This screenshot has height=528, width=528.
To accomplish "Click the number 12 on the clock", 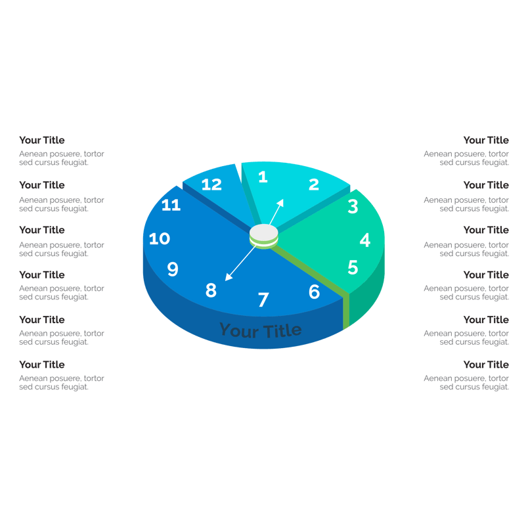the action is pyautogui.click(x=211, y=185).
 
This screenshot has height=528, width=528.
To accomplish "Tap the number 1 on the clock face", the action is pyautogui.click(x=263, y=177).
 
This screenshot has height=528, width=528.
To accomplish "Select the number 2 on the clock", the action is pyautogui.click(x=314, y=185).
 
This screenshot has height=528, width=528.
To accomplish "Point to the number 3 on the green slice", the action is pyautogui.click(x=353, y=206).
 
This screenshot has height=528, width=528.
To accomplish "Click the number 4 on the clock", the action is pyautogui.click(x=365, y=240).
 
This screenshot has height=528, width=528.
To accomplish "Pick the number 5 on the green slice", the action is pyautogui.click(x=353, y=267).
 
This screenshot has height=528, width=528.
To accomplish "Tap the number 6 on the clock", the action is pyautogui.click(x=314, y=292).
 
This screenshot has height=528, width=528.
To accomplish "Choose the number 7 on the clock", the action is pyautogui.click(x=263, y=299).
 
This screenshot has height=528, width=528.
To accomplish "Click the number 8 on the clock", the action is pyautogui.click(x=211, y=290).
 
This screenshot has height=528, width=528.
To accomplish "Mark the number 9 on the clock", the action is pyautogui.click(x=173, y=269).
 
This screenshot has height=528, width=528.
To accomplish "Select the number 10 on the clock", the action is pyautogui.click(x=160, y=239).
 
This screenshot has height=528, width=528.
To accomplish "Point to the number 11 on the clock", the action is pyautogui.click(x=171, y=205).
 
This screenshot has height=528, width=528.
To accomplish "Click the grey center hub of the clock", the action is pyautogui.click(x=263, y=233).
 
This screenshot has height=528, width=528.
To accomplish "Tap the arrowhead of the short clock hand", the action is pyautogui.click(x=280, y=202).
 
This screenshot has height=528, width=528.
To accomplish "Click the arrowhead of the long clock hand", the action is pyautogui.click(x=229, y=277).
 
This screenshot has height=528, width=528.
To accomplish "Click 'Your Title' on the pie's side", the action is pyautogui.click(x=261, y=330).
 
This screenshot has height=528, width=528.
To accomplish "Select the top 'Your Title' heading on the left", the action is pyautogui.click(x=42, y=140).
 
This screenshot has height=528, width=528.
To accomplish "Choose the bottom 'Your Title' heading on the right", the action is pyautogui.click(x=486, y=364).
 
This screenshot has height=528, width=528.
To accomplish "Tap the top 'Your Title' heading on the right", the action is pyautogui.click(x=486, y=140).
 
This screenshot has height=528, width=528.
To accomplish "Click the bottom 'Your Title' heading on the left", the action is pyautogui.click(x=42, y=364).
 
